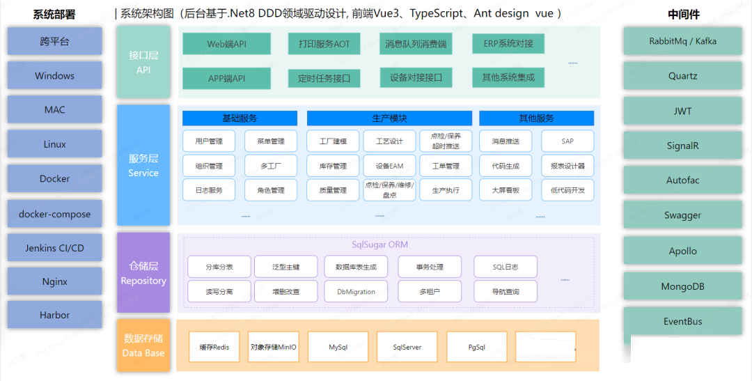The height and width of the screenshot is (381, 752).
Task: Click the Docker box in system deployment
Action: tap(54, 179)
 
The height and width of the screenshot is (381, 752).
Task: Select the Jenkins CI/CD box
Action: tap(54, 248)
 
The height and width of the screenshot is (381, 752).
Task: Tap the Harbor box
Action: tap(54, 315)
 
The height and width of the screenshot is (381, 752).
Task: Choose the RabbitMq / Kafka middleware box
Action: tap(682, 41)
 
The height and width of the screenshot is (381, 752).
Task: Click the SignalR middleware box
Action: tap(682, 146)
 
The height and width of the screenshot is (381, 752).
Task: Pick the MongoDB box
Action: tap(682, 286)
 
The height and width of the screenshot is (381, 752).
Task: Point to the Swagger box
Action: tap(682, 215)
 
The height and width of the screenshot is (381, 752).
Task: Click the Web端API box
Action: tap(226, 44)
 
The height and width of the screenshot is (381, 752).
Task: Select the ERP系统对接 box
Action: tap(508, 44)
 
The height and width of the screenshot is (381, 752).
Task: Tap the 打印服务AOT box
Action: tap(319, 44)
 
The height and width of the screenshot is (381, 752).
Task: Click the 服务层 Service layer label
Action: tap(143, 165)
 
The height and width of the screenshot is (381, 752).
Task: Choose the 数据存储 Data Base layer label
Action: tap(143, 345)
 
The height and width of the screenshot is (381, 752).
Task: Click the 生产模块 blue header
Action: tap(389, 118)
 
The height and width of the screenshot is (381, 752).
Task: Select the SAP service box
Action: tap(567, 141)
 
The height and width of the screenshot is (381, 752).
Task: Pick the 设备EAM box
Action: tap(389, 166)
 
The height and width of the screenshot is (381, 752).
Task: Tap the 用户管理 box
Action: tap(209, 141)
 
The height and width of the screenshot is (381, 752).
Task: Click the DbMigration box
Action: tap(356, 292)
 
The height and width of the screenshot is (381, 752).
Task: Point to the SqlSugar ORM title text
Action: tap(379, 244)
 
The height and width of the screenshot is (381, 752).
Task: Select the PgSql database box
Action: tap(477, 346)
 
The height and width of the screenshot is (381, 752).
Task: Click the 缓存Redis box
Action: tap(214, 347)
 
